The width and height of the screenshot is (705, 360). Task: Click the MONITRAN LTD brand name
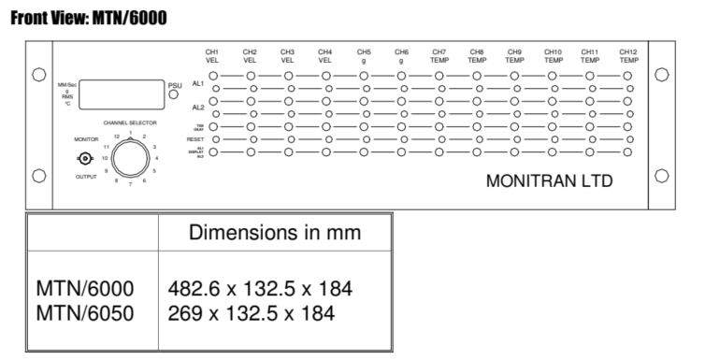point(549,180)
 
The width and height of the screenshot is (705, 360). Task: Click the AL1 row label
point(197,82)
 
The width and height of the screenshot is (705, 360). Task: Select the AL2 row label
point(197,108)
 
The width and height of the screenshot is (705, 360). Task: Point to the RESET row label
point(195,138)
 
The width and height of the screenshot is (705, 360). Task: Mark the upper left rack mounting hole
point(39,75)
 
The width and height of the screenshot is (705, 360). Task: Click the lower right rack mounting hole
point(662,175)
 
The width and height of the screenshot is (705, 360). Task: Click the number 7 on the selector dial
point(131,187)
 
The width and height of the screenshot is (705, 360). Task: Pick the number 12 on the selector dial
point(117,137)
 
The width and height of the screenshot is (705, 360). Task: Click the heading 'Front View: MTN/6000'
point(90,17)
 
